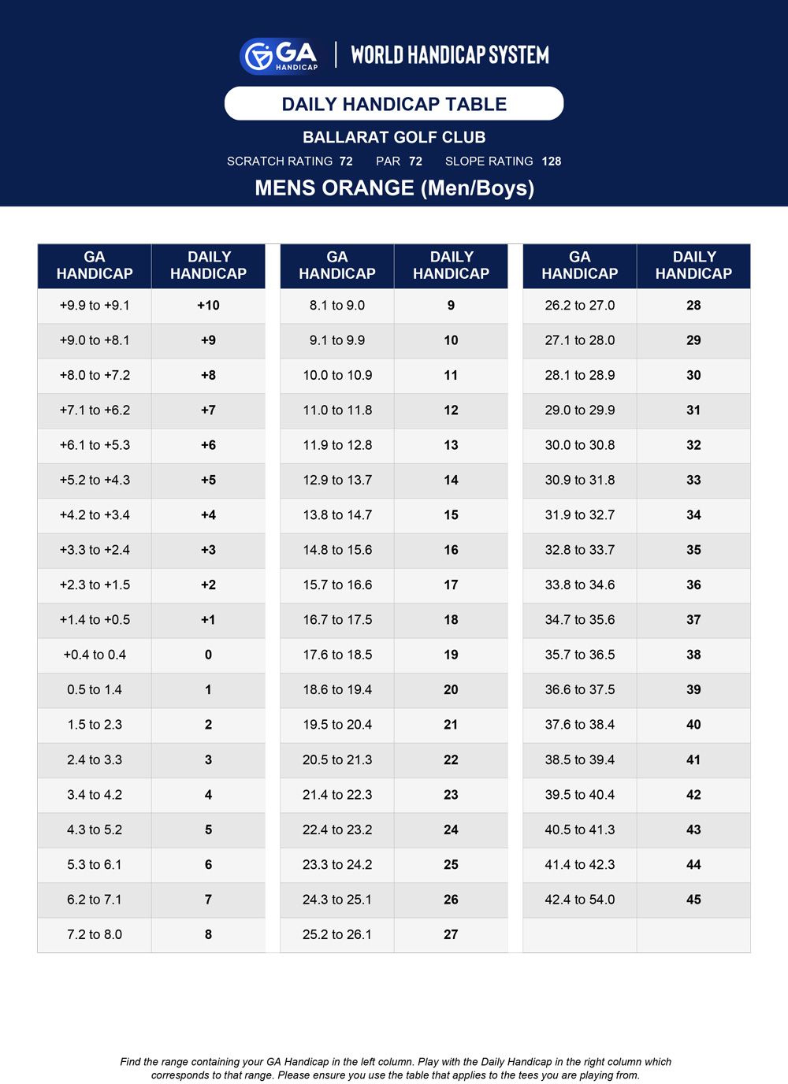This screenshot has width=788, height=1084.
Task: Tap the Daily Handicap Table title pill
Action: tap(394, 104)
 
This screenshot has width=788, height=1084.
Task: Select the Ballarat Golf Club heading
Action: tap(394, 137)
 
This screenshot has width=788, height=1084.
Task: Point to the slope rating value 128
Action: tap(552, 161)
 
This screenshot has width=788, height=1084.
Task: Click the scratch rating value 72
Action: tap(346, 161)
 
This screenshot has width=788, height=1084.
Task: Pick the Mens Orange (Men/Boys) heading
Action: tap(394, 188)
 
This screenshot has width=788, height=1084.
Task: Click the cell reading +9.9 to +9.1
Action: tap(95, 306)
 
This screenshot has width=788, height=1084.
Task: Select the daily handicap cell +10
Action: tap(208, 306)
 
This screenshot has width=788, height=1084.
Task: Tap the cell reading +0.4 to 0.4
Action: tap(95, 655)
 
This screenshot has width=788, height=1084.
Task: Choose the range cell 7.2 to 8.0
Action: tap(95, 934)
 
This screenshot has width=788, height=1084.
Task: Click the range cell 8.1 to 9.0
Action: tap(337, 306)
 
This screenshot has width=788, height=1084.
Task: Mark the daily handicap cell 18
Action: tap(451, 620)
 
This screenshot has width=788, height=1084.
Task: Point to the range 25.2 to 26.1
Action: tap(337, 934)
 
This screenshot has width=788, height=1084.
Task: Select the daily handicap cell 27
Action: tap(451, 934)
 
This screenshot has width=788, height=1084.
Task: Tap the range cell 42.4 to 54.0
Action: tap(580, 900)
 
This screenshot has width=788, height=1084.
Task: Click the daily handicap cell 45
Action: tap(693, 900)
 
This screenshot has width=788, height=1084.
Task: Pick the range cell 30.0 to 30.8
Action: tap(580, 445)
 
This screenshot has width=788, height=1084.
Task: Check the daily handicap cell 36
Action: tap(693, 585)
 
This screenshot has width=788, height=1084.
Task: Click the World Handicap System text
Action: tap(450, 55)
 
